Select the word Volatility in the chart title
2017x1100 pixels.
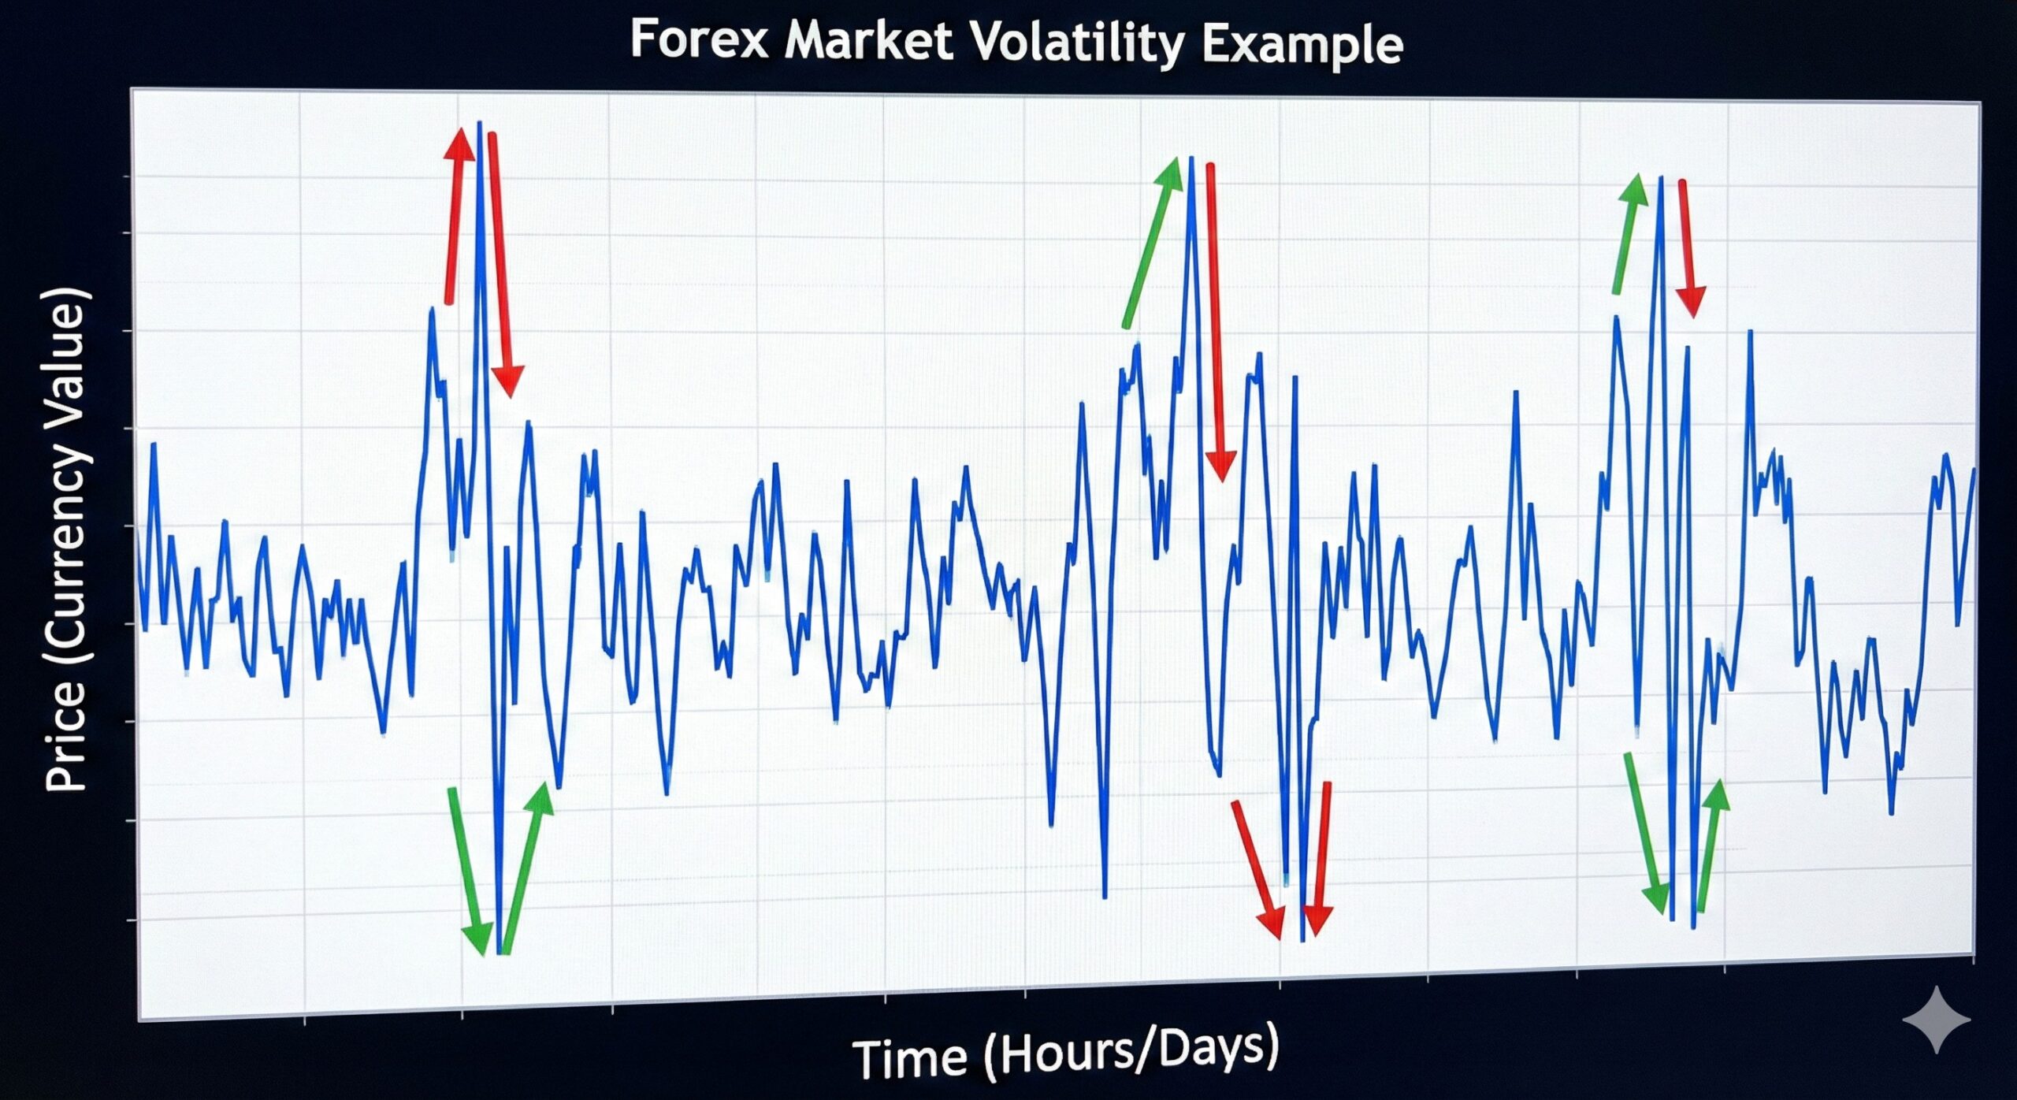(x=1076, y=43)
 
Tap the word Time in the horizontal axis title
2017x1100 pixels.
(x=909, y=1058)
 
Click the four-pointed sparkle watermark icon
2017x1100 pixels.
(x=1937, y=1020)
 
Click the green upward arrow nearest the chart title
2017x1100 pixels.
(x=1153, y=241)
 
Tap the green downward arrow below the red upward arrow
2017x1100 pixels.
(x=471, y=871)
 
